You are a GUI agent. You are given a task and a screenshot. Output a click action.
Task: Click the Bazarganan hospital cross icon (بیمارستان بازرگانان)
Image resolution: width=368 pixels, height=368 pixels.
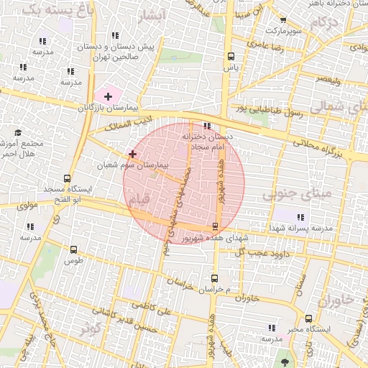tap(109, 96)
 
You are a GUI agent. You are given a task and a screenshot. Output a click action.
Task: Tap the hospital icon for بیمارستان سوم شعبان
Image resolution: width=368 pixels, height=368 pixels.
tap(132, 154)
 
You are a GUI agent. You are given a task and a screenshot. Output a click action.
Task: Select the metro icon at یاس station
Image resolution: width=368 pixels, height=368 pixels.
tap(231, 56)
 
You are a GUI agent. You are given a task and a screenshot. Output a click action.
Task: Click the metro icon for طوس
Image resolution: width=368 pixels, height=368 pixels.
tap(73, 249)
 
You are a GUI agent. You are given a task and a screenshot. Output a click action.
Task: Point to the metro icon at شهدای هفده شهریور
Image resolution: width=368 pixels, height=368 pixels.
tap(215, 226)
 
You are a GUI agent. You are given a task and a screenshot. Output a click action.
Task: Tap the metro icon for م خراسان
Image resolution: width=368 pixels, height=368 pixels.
tap(215, 278)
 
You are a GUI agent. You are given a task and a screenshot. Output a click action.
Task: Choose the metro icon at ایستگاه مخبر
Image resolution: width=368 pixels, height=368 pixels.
tap(308, 318)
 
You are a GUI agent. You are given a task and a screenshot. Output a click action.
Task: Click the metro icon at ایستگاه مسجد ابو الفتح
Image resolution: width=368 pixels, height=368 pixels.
tap(67, 178)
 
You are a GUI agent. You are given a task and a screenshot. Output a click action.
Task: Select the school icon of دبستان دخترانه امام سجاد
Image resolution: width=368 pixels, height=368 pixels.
tap(208, 126)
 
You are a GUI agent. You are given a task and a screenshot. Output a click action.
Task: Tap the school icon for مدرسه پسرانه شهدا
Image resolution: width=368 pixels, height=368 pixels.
tap(300, 216)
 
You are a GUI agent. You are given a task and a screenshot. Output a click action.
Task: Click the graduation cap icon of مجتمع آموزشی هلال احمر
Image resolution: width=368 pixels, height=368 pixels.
tap(18, 133)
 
